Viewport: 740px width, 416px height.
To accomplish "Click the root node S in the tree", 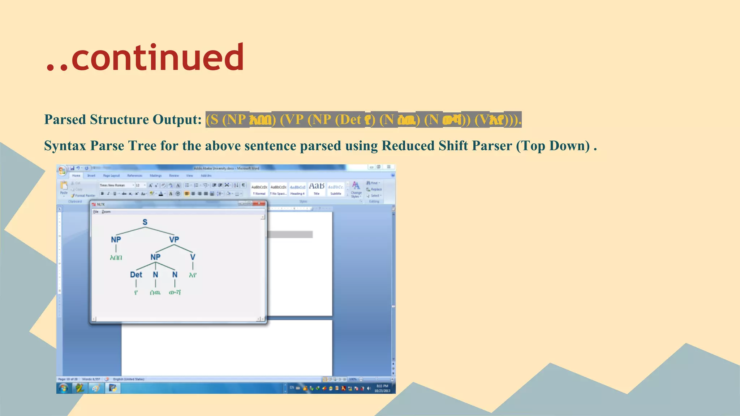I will pyautogui.click(x=145, y=222).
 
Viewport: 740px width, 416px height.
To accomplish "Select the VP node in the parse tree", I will pyautogui.click(x=174, y=239).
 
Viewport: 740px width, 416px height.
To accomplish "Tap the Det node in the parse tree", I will pyautogui.click(x=136, y=274).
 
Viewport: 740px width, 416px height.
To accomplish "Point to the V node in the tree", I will pyautogui.click(x=193, y=257).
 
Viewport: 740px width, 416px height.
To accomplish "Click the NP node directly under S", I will pyautogui.click(x=116, y=239).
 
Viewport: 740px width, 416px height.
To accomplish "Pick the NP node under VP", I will pyautogui.click(x=155, y=257).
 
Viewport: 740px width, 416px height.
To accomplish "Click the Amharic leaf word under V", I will pyautogui.click(x=193, y=275).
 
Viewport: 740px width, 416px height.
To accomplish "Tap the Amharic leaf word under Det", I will pyautogui.click(x=136, y=292).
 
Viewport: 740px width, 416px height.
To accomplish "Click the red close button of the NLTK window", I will pyautogui.click(x=259, y=204).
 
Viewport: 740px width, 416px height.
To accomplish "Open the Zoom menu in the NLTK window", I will pyautogui.click(x=106, y=212).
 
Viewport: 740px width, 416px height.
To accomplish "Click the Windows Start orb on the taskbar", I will pyautogui.click(x=64, y=388).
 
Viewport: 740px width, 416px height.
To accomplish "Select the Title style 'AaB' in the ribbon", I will pyautogui.click(x=317, y=188).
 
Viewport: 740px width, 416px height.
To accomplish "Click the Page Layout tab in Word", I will pyautogui.click(x=111, y=176).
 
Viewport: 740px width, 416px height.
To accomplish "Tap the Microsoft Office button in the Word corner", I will pyautogui.click(x=62, y=170).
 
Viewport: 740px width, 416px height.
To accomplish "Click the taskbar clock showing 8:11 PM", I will pyautogui.click(x=382, y=388).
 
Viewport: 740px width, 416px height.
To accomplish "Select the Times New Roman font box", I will pyautogui.click(x=115, y=185).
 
